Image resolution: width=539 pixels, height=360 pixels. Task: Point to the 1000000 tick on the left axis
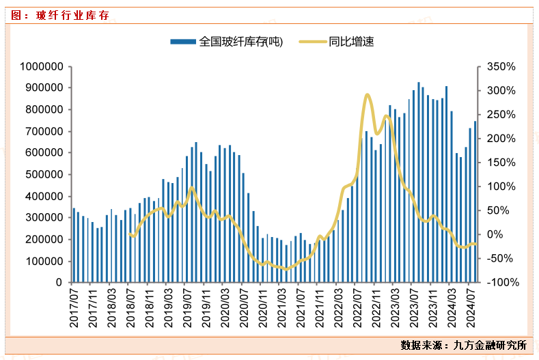pos(42,66)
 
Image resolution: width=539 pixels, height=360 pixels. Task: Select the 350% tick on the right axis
pos(501,66)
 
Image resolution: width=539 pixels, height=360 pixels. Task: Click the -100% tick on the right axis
pos(501,282)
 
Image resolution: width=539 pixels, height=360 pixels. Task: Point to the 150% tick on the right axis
pos(501,163)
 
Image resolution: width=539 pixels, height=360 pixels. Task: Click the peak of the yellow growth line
pos(368,95)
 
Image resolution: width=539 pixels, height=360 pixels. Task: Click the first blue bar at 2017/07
pos(74,245)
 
